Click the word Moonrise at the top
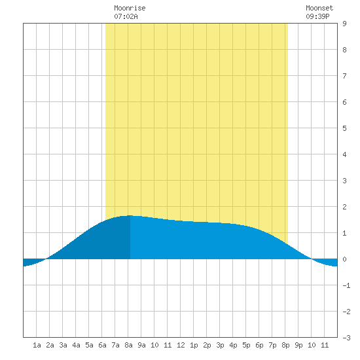tap(130, 8)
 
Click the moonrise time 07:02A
tap(126, 16)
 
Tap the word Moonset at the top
tap(319, 8)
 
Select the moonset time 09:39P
tap(317, 16)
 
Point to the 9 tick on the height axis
tap(344, 24)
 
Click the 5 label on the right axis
tap(344, 128)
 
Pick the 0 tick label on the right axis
tap(344, 259)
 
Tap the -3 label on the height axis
tap(346, 338)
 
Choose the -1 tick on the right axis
tap(346, 285)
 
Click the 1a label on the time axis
tap(37, 345)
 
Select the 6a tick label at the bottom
tap(102, 345)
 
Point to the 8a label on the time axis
tap(128, 345)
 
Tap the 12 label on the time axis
tap(181, 345)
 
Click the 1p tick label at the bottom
tap(194, 345)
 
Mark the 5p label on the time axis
tap(246, 345)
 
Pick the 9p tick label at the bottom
tap(298, 345)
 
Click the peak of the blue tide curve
tap(130, 215)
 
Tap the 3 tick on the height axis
tap(344, 181)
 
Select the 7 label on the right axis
tap(344, 76)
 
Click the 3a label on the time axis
tap(63, 345)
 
